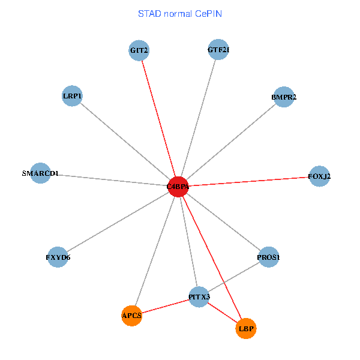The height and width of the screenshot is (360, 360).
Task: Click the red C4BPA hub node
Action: point(178,187)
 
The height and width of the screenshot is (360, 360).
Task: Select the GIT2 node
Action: point(139,50)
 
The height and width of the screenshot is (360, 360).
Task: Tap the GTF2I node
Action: point(218,50)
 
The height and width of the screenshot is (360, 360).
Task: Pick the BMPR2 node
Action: point(283,97)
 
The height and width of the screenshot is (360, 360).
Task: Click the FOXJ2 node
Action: point(319,176)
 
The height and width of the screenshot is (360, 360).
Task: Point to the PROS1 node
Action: point(268,257)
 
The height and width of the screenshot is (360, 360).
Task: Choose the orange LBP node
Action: point(246,328)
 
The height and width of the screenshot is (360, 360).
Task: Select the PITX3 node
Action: point(199,296)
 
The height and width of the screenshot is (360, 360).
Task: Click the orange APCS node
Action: point(131,315)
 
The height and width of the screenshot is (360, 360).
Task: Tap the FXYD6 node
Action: point(58,257)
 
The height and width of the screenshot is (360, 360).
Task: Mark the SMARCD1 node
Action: point(40,173)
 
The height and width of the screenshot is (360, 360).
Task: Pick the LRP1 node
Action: point(72,96)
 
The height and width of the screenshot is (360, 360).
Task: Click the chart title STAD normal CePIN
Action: point(180,13)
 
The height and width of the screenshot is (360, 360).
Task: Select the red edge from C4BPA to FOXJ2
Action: point(249,181)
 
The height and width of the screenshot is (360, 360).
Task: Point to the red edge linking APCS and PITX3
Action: point(165,306)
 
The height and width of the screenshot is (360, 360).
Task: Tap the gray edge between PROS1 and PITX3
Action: point(233,277)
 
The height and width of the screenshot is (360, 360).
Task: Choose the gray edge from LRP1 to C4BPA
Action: point(125,141)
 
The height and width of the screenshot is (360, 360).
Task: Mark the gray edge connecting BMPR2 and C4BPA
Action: point(231,142)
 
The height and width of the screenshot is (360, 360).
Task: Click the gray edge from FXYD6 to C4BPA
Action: point(118,222)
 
